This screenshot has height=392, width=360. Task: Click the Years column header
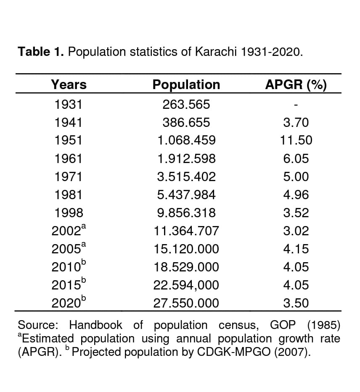(69, 84)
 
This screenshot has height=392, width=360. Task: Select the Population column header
(186, 84)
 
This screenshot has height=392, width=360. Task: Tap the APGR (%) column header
(296, 84)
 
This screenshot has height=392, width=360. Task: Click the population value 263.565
(186, 104)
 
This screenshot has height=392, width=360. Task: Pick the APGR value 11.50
(296, 140)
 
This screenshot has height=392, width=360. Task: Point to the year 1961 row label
(69, 158)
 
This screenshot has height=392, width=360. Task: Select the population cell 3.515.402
(186, 176)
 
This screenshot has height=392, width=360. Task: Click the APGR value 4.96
(296, 195)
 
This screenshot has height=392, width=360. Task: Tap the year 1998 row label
(69, 213)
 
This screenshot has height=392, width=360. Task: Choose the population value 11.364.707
(186, 231)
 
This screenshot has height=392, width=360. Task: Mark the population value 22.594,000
(186, 285)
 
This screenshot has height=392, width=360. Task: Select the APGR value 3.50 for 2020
(296, 303)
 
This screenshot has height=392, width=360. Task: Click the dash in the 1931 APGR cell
(296, 105)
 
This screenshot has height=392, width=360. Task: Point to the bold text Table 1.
(41, 52)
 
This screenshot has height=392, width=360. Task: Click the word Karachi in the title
(213, 52)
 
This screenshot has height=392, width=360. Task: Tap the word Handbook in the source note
(95, 325)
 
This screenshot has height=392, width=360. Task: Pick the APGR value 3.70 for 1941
(296, 122)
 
